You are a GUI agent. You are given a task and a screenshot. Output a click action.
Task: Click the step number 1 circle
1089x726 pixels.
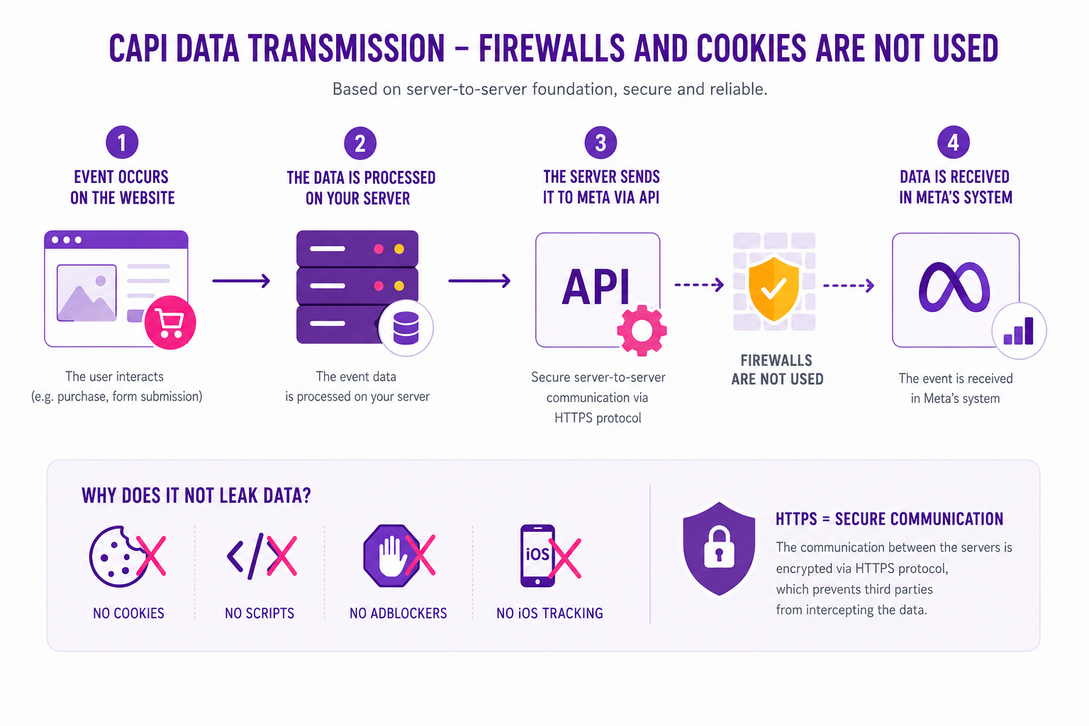tap(122, 142)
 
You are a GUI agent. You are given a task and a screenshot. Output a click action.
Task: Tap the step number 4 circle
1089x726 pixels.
tap(953, 142)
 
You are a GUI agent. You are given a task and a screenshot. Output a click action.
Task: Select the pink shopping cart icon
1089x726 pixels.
tap(170, 323)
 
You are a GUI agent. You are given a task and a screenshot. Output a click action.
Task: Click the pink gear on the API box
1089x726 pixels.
tap(642, 330)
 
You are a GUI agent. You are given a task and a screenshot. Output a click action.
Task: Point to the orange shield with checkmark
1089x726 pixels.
tap(774, 289)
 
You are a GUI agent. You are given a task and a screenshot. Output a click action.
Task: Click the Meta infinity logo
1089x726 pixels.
tap(954, 287)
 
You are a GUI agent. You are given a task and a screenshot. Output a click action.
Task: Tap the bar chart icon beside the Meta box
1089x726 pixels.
tap(1019, 331)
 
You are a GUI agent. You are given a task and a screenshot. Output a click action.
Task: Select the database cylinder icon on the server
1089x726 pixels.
tap(406, 328)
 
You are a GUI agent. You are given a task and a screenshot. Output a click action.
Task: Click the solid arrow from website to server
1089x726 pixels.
tap(241, 281)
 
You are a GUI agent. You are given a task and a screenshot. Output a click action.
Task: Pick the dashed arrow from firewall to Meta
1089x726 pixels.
tap(849, 286)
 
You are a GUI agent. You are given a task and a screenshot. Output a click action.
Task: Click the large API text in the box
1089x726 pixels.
tap(596, 287)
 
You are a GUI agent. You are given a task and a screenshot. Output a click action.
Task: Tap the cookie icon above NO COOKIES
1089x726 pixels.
tap(117, 557)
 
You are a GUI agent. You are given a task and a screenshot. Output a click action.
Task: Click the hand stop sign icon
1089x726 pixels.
tap(391, 555)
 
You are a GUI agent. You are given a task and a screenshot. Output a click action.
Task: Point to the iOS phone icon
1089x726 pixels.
tap(537, 555)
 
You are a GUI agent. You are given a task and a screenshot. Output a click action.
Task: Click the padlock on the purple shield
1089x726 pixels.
tap(719, 549)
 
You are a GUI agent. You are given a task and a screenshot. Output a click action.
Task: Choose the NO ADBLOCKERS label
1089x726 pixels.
tap(398, 613)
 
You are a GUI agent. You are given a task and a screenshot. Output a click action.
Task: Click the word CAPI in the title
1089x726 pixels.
tap(138, 49)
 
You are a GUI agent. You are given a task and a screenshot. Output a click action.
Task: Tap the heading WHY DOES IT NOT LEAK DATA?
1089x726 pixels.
tap(196, 496)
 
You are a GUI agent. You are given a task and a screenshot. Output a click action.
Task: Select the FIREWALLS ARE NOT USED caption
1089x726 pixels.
tap(777, 369)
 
